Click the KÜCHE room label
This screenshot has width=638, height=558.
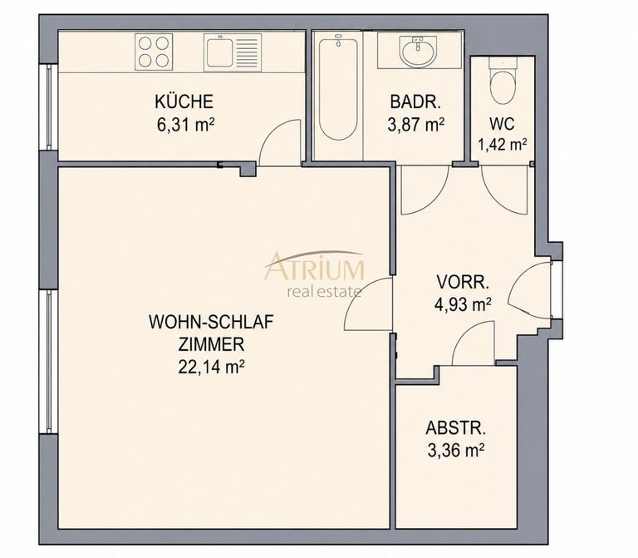point(184,101)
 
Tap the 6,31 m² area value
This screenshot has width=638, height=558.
point(185,125)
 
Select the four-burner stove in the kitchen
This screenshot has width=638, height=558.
point(154,52)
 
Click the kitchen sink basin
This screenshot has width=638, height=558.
point(219,52)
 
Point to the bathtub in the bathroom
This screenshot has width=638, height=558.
point(339,88)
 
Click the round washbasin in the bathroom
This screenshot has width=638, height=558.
point(419,51)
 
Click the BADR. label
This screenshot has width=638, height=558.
point(415,101)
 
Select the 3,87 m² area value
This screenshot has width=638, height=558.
point(415,125)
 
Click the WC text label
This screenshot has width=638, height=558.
point(502,124)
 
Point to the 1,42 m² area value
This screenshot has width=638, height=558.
point(503,145)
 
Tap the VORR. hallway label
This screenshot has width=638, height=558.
point(463,282)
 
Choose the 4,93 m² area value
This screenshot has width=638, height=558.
point(463,304)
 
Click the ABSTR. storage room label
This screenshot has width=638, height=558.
point(456,428)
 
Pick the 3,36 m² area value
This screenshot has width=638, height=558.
point(456,451)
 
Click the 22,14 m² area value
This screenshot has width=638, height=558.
point(211,368)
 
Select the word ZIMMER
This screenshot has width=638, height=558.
point(211,344)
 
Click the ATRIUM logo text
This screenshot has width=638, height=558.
point(315,268)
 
